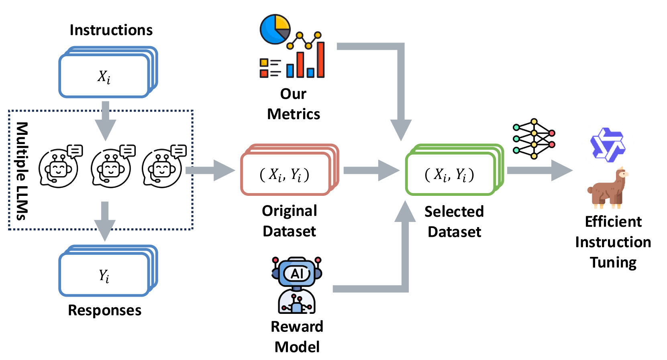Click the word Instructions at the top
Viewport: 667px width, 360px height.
111,30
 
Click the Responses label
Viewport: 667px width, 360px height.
104,310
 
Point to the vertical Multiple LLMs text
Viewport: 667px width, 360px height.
22,171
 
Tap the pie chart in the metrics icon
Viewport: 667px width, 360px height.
275,29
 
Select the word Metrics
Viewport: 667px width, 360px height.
294,114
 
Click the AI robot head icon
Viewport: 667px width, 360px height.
297,273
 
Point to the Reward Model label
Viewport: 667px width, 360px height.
297,336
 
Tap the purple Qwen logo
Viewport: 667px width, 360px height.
608,145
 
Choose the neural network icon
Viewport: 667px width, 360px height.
534,139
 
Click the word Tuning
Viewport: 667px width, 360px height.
613,262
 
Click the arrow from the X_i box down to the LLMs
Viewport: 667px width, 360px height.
105,120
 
